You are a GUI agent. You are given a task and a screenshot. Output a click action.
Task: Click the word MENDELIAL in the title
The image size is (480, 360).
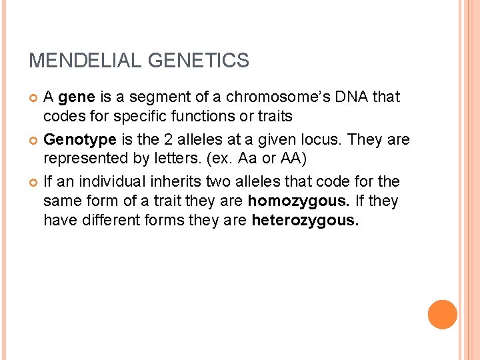tap(85, 61)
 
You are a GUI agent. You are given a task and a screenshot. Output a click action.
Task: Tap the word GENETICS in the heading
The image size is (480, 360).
tap(198, 61)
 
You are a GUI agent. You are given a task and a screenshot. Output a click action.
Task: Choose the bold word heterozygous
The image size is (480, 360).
tap(305, 221)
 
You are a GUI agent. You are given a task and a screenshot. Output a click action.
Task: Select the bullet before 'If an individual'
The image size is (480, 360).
tap(34, 182)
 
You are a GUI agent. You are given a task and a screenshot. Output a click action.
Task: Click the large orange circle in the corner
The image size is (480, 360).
tap(442, 315)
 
